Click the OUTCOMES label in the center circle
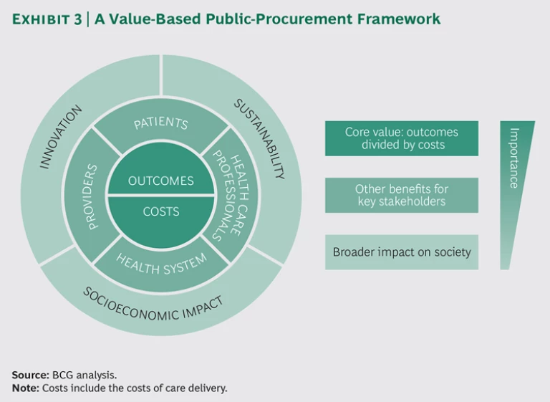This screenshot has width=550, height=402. [161, 181]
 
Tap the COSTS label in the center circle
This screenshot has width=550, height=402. [161, 211]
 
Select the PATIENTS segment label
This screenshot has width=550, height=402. [161, 123]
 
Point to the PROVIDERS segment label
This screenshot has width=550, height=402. [91, 196]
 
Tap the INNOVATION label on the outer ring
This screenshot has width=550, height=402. [60, 137]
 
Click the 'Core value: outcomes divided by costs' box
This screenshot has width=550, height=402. [401, 138]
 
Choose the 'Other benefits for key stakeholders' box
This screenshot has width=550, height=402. [401, 195]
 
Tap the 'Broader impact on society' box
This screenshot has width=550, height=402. [401, 252]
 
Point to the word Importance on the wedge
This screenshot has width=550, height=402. [513, 158]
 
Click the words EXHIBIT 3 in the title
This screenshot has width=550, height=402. [47, 19]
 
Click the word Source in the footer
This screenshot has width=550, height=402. [29, 375]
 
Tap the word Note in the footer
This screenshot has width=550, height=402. [25, 388]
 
